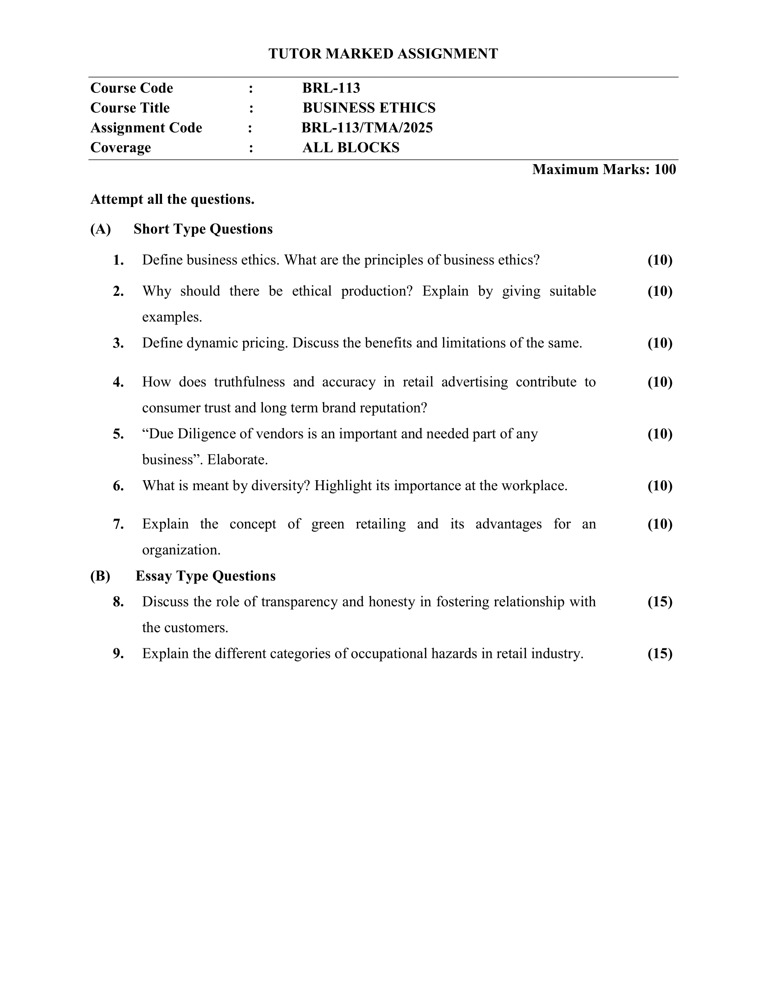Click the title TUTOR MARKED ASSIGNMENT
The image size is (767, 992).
(x=383, y=54)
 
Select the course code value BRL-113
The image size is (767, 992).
(x=331, y=87)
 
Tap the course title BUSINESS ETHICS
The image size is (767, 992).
(x=369, y=108)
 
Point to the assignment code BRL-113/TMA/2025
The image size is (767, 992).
(x=367, y=128)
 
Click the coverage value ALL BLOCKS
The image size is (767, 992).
(x=351, y=147)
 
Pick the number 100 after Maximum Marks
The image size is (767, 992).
(x=665, y=170)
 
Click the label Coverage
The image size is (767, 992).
(x=120, y=147)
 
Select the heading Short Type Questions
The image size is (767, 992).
(x=203, y=229)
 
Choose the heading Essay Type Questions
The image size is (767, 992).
(x=205, y=576)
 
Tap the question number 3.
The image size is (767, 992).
(x=118, y=343)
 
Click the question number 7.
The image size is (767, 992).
(x=118, y=524)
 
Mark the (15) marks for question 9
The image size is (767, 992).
(x=660, y=654)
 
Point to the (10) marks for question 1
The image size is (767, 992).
(x=660, y=260)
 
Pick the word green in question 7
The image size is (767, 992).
(x=328, y=524)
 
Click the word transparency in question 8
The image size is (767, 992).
(x=300, y=602)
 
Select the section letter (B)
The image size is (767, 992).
(x=100, y=576)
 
